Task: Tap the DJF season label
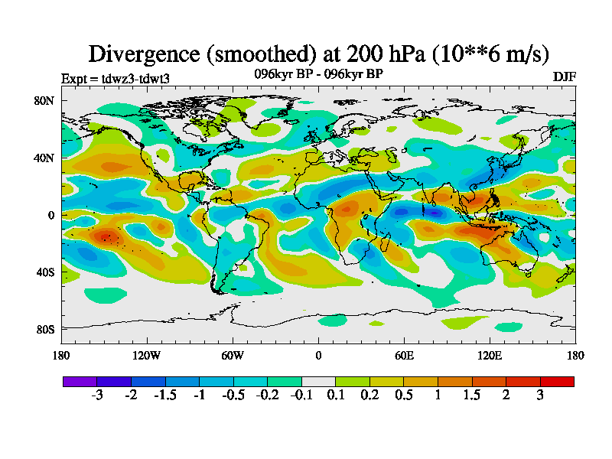[564, 77]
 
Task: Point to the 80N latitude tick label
[44, 100]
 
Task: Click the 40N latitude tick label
[44, 158]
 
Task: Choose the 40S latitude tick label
[44, 272]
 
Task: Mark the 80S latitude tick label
[44, 329]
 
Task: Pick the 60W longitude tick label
[233, 355]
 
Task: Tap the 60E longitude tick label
[404, 355]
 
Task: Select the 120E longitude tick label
[490, 355]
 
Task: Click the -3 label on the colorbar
[97, 396]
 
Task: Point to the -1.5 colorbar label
[165, 396]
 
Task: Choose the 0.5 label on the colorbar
[403, 396]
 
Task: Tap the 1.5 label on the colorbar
[471, 396]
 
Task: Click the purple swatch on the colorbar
[80, 381]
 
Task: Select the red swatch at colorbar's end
[557, 381]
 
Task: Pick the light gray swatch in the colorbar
[318, 381]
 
